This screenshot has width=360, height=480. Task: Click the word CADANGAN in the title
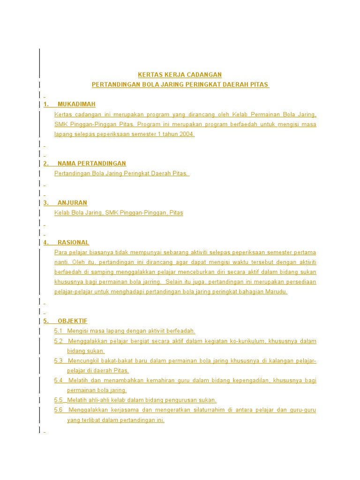tap(204, 75)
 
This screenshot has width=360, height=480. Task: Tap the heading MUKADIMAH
tap(76, 104)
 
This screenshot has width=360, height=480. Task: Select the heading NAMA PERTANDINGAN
tap(92, 164)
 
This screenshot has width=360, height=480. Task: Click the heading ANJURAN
tap(72, 203)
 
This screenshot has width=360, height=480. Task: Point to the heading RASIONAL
tap(73, 242)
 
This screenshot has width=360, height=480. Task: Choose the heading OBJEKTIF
tap(73, 321)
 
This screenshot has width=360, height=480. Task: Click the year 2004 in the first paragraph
tap(187, 134)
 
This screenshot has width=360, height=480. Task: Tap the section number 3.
tap(45, 203)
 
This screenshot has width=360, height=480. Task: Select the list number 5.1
tap(59, 331)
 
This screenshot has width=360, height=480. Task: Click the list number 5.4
tap(59, 380)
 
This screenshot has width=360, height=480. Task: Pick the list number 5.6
tap(59, 410)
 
